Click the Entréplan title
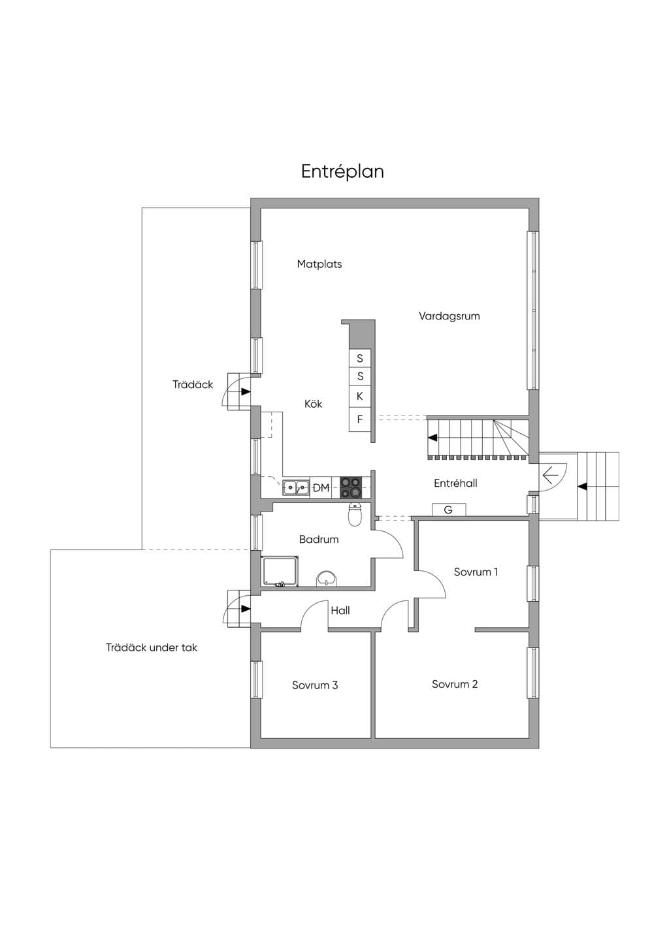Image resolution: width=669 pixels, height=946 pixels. (x=342, y=172)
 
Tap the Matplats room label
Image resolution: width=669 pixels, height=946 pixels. (x=319, y=265)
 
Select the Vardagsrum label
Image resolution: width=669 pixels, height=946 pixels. (x=449, y=316)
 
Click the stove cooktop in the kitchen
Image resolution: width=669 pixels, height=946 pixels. (x=351, y=487)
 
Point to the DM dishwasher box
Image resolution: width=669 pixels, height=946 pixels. (x=321, y=488)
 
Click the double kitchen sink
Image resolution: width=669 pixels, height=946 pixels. (x=296, y=488)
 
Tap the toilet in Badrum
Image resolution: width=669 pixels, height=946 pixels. (x=355, y=514)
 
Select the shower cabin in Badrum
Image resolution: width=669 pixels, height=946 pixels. (x=280, y=572)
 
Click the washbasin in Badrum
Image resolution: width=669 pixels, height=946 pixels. (x=327, y=579)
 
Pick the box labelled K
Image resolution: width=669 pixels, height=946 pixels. (x=360, y=396)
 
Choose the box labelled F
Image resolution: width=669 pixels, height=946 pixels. (x=360, y=419)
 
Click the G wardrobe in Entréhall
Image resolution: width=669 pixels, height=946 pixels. (x=449, y=510)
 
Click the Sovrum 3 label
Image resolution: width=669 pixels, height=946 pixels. (x=315, y=685)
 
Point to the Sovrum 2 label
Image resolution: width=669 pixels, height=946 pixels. (x=455, y=684)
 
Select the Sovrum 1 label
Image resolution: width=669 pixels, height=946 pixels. (x=476, y=572)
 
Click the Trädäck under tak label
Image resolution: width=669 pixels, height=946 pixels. (x=152, y=647)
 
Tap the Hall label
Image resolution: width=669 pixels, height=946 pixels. (x=340, y=610)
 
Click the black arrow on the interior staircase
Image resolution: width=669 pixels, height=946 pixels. (x=432, y=438)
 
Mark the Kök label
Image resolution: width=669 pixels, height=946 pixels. (x=314, y=404)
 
